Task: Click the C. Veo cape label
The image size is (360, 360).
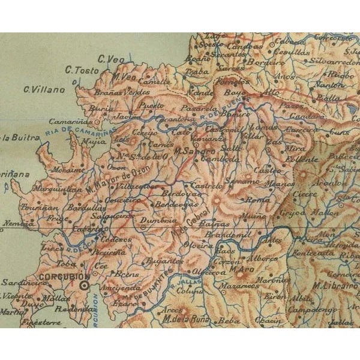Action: (110, 58)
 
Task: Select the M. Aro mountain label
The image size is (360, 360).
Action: (239, 269)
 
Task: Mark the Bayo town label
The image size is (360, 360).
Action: (232, 93)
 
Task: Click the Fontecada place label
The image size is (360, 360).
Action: (316, 253)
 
